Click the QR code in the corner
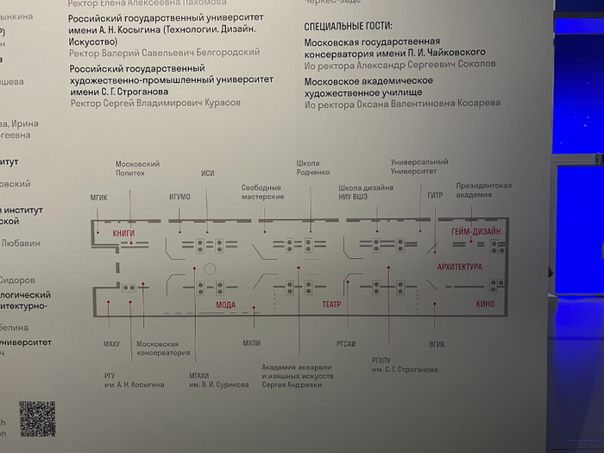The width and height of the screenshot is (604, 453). click(x=37, y=418)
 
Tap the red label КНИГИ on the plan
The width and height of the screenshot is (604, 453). click(x=123, y=233)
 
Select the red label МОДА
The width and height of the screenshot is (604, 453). click(x=225, y=305)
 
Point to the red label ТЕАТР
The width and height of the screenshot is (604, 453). click(x=332, y=305)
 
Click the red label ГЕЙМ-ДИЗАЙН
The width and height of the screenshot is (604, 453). click(x=475, y=232)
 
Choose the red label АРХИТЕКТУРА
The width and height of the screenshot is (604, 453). click(x=460, y=267)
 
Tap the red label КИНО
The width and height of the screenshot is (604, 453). click(x=485, y=305)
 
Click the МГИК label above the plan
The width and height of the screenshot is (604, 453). click(x=99, y=197)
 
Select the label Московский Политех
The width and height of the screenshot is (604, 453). click(x=137, y=168)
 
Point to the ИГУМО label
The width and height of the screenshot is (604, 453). click(x=180, y=197)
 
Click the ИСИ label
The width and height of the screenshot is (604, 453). click(x=207, y=173)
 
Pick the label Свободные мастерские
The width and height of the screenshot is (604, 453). click(x=262, y=192)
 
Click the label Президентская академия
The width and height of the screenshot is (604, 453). click(x=484, y=190)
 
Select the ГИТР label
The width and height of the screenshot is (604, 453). click(x=435, y=195)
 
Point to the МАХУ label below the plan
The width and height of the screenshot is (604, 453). click(x=111, y=344)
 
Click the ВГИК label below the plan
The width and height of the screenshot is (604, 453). click(x=437, y=344)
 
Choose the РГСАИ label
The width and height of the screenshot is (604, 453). click(x=345, y=344)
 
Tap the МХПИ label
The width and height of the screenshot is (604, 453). click(x=252, y=344)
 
